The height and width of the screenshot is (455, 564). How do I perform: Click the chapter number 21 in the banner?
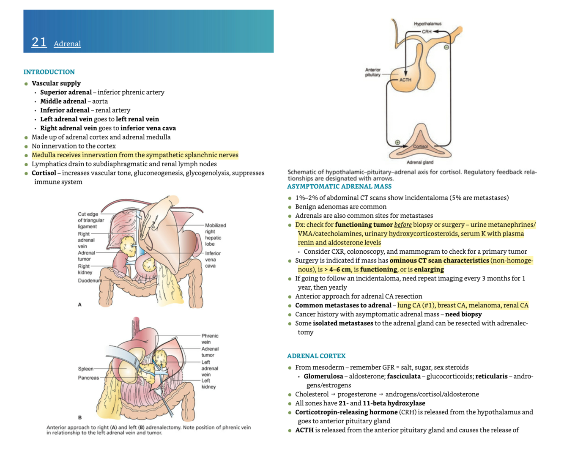[39, 42]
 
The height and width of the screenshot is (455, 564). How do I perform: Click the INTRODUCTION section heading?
[49, 72]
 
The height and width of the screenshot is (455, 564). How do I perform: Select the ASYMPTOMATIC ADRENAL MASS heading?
[339, 186]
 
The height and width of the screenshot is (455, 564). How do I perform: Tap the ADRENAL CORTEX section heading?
[316, 356]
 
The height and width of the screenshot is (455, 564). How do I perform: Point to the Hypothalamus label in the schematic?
[427, 24]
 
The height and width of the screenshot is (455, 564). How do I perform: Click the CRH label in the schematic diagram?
[426, 32]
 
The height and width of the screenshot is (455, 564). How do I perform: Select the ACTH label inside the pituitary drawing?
[405, 79]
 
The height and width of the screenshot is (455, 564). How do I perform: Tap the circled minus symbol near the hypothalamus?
[446, 47]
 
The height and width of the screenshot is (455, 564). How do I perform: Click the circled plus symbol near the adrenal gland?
[397, 143]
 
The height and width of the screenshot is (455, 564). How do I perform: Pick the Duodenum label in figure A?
[90, 280]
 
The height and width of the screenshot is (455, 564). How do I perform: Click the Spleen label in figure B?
[85, 369]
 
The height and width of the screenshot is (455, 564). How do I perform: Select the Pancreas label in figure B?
[88, 378]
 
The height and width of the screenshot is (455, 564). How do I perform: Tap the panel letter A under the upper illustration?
[79, 304]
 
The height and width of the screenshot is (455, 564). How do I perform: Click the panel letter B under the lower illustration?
[79, 417]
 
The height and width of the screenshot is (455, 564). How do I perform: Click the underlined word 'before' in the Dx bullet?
[402, 225]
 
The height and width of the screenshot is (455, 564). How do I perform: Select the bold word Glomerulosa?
[323, 376]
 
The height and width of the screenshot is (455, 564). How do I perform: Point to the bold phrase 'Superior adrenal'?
[66, 92]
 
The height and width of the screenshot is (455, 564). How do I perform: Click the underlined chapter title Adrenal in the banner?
[67, 44]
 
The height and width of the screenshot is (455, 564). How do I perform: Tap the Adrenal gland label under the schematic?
[420, 162]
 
